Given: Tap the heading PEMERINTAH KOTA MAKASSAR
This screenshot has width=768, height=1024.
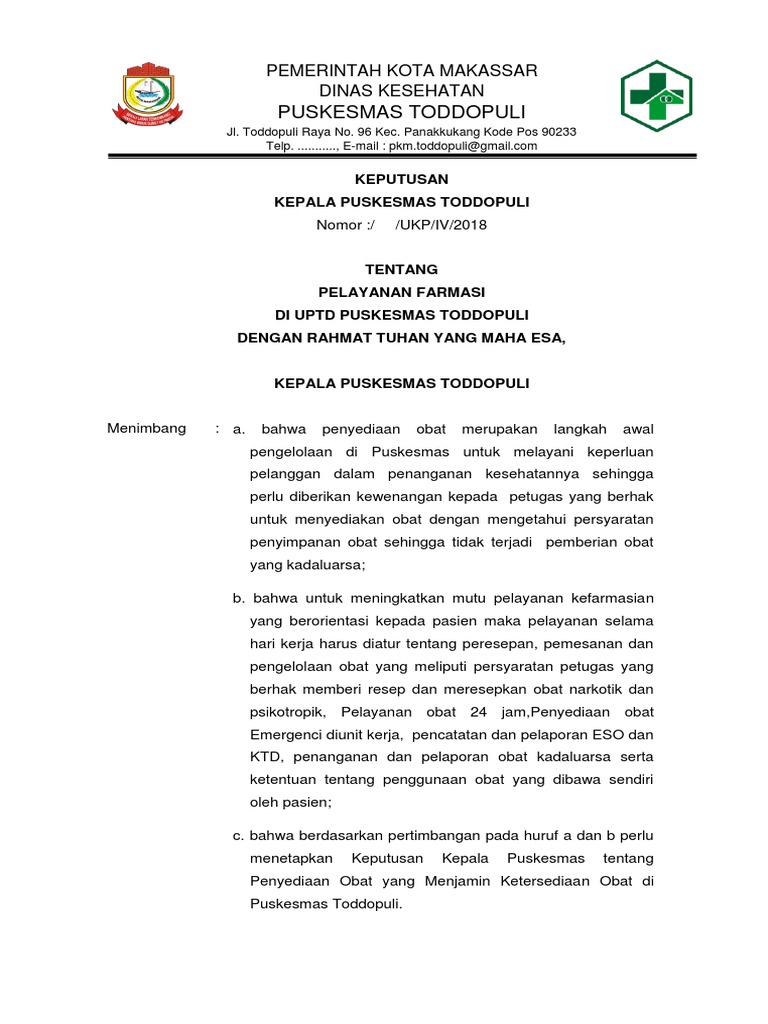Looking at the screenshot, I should [401, 70].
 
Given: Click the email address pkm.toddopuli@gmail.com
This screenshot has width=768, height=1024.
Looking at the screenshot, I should [463, 146].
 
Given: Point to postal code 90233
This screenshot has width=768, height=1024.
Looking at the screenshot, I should [555, 132].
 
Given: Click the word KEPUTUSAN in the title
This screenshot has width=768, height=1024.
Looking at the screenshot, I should [401, 180].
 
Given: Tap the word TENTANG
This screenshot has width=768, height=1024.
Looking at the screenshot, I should [401, 270].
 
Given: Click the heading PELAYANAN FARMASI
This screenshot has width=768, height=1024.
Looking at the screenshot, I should [401, 292].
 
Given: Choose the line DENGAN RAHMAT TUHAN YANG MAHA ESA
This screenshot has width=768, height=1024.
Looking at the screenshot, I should [401, 337].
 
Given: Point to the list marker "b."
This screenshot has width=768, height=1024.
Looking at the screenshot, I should [239, 598].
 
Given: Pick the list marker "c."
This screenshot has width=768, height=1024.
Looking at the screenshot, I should [238, 835].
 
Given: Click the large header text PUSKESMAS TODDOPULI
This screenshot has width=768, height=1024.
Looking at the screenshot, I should [401, 110].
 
